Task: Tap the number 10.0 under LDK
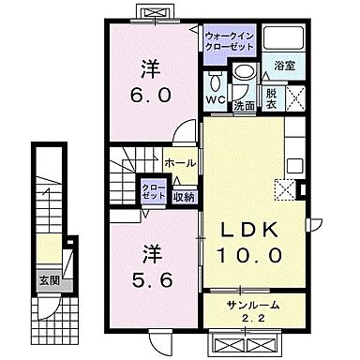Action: pyautogui.click(x=250, y=254)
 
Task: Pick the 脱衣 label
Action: pyautogui.click(x=271, y=97)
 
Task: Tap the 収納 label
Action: pyautogui.click(x=185, y=196)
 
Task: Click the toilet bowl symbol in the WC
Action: pyautogui.click(x=216, y=78)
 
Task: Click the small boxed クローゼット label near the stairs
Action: pyautogui.click(x=153, y=191)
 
